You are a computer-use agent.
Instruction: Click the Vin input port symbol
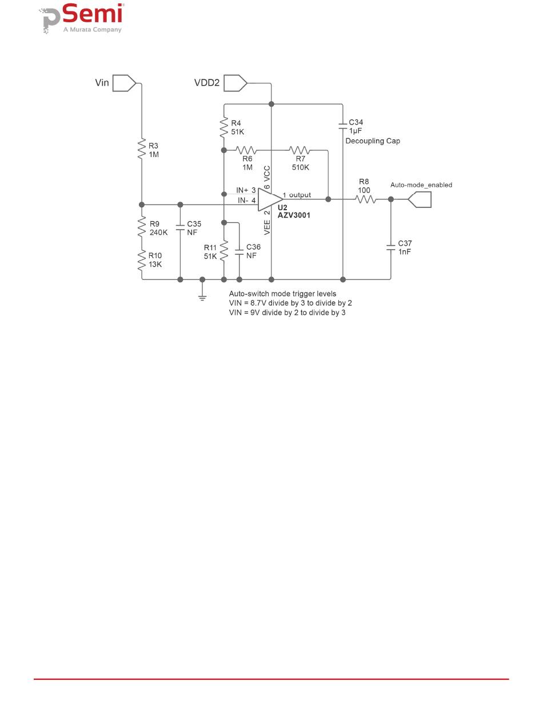[124, 83]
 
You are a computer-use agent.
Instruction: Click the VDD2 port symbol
[235, 83]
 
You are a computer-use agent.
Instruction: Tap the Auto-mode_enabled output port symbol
[420, 199]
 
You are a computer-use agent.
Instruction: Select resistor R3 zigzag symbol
[141, 149]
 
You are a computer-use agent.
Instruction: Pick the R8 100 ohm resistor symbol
[365, 199]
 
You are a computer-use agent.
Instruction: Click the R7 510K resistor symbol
[299, 151]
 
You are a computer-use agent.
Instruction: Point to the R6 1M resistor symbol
[246, 151]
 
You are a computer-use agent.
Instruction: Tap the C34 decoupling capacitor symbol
[343, 125]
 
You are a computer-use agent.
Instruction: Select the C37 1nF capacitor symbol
[391, 247]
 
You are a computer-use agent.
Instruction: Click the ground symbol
[202, 297]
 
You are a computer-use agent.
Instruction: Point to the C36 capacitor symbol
[239, 252]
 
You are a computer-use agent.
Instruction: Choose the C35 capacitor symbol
[180, 227]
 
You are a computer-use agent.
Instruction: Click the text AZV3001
[294, 216]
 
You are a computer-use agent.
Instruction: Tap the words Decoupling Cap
[373, 141]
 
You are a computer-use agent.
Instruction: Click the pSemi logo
[83, 19]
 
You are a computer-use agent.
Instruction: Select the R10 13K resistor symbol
[141, 261]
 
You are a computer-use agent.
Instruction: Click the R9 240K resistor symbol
[141, 228]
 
